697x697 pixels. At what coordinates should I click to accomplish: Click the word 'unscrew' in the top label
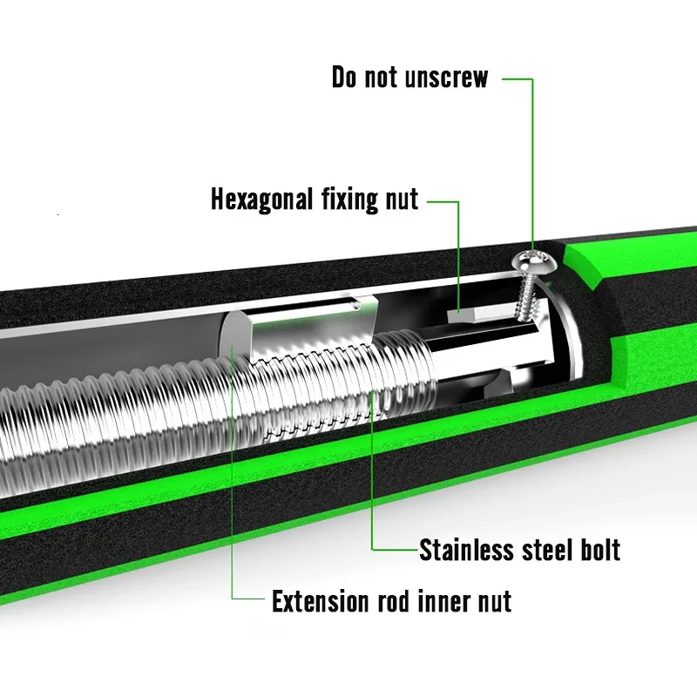445,78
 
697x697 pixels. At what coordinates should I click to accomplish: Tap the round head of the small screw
533,260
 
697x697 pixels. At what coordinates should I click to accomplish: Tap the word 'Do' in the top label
346,78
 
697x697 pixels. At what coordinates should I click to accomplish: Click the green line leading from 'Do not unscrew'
531,157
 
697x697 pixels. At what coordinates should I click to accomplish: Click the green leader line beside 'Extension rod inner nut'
233,523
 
